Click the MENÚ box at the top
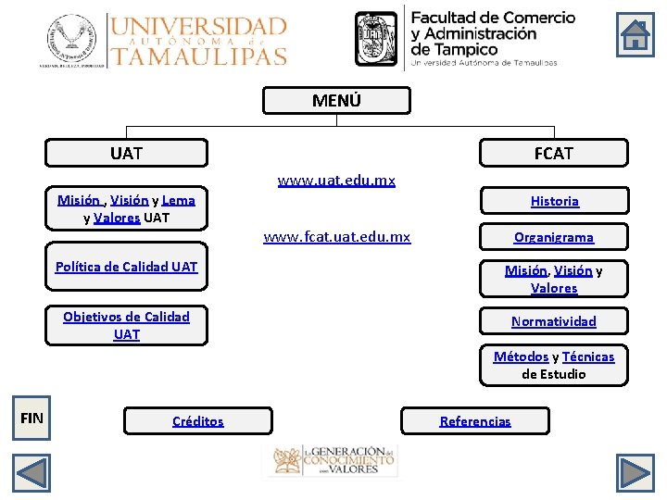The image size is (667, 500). pyautogui.click(x=335, y=101)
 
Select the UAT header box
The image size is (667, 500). pyautogui.click(x=127, y=153)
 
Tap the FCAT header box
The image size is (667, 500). pyautogui.click(x=553, y=153)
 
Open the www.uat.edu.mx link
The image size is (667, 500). pyautogui.click(x=336, y=180)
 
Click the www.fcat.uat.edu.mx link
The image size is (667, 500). pyautogui.click(x=336, y=237)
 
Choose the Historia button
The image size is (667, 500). pyautogui.click(x=554, y=201)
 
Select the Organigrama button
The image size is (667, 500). pyautogui.click(x=554, y=237)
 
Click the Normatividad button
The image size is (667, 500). pyautogui.click(x=554, y=321)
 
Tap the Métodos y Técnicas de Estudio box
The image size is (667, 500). pyautogui.click(x=554, y=365)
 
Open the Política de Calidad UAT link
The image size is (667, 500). pyautogui.click(x=126, y=267)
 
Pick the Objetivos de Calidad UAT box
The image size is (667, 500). pyautogui.click(x=127, y=325)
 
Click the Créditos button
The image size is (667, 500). pyautogui.click(x=198, y=421)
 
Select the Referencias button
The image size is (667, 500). pyautogui.click(x=475, y=421)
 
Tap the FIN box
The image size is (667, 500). pyautogui.click(x=31, y=418)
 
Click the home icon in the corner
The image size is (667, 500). pyautogui.click(x=636, y=35)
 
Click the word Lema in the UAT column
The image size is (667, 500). pyautogui.click(x=178, y=200)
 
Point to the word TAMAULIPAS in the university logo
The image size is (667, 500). pyautogui.click(x=198, y=55)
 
